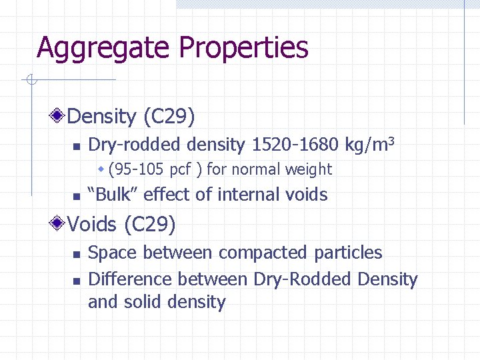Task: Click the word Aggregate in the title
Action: (x=104, y=48)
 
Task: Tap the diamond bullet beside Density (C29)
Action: (x=59, y=117)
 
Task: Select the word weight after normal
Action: (x=309, y=170)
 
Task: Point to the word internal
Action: (x=248, y=195)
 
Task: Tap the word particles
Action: (x=350, y=253)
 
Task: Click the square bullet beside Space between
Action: (x=76, y=254)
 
